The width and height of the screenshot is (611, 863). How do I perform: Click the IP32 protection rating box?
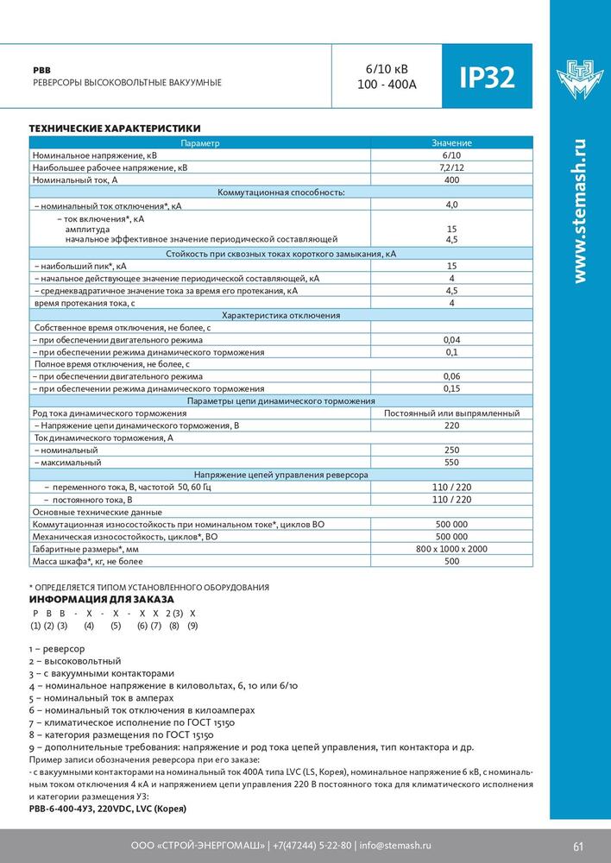coord(481,78)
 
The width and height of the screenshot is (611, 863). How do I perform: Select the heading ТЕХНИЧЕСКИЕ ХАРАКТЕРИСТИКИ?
coord(115,127)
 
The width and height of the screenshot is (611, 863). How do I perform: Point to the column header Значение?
coord(451,142)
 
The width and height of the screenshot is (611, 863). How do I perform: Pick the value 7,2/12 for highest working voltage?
coord(451,167)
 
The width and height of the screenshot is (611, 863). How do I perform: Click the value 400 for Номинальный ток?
coord(451,180)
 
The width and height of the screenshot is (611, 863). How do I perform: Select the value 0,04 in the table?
coord(451,340)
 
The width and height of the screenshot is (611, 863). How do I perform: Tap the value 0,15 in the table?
coord(451,389)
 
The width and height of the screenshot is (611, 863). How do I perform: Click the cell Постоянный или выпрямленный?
coord(451,413)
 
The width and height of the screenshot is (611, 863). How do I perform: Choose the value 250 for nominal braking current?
coord(451,450)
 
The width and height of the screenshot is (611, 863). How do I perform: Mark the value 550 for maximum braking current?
coord(451,463)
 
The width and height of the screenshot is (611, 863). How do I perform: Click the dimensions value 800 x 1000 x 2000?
coord(451,549)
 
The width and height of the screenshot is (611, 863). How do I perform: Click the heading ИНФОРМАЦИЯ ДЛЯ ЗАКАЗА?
coord(102,599)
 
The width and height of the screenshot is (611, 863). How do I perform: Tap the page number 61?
coord(578,845)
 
